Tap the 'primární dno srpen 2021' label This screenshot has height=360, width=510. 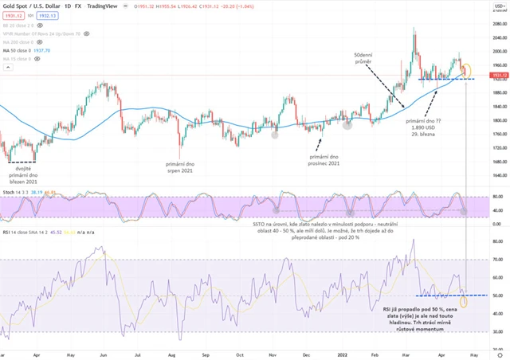tap(186, 168)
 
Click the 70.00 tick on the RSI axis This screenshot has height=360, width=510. tap(498, 260)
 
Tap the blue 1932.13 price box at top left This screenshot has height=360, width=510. tap(49, 15)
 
